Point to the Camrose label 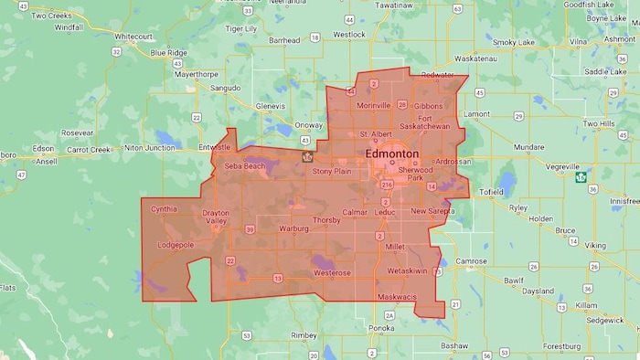[472, 261]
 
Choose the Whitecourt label [133, 37]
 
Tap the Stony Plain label [332, 171]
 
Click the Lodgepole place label [177, 246]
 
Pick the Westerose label [332, 273]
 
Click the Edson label [42, 148]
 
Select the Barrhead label [284, 40]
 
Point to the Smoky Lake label [517, 42]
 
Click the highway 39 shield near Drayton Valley [251, 229]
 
